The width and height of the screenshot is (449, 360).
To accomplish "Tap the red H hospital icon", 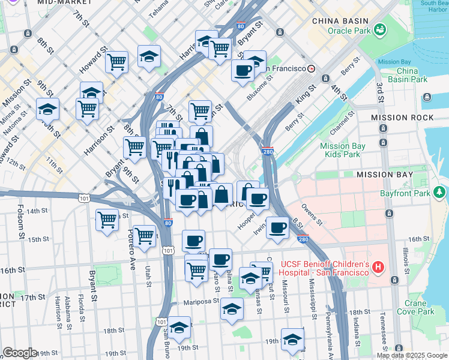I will [x=378, y=266].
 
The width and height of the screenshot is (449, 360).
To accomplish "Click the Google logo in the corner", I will [x=20, y=353].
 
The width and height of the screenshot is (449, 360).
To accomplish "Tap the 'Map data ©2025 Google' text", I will [x=411, y=355].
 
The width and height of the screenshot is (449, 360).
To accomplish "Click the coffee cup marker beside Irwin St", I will [x=277, y=228].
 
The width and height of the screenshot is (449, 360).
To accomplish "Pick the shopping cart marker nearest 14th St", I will [x=107, y=220].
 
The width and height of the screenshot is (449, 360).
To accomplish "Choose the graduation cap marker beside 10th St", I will [x=47, y=110].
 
